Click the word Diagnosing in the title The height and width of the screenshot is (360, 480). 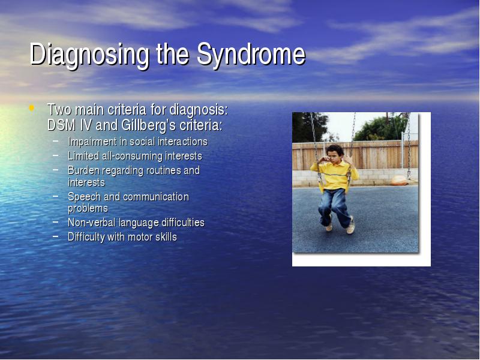coord(89,55)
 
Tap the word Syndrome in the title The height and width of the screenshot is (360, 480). coord(251,55)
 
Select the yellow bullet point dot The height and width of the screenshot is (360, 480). coord(31,108)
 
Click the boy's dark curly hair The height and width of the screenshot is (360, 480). coord(335,149)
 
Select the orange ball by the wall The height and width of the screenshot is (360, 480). coord(400,181)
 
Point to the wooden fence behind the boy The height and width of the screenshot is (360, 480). coord(355,155)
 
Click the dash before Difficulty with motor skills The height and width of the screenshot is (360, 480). coord(55,236)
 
